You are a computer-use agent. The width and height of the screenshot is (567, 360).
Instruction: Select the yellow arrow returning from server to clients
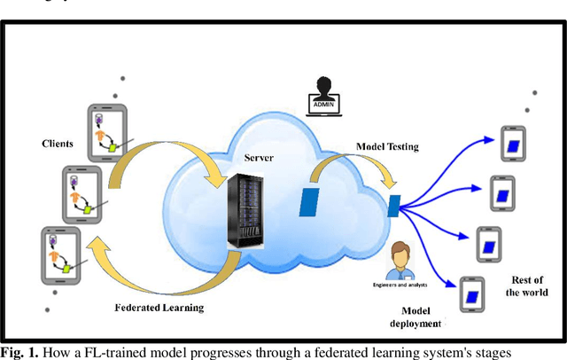[x=151, y=270]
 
